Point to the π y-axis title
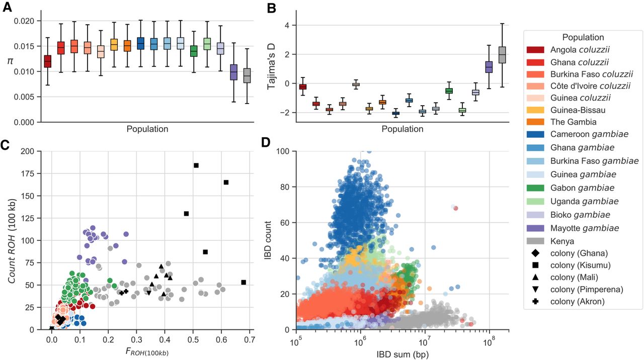point(11,61)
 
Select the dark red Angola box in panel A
point(47,61)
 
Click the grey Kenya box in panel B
point(502,54)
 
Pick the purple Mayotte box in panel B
point(489,66)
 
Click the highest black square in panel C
point(196,165)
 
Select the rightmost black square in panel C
point(244,282)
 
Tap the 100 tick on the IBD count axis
point(285,151)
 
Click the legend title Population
point(583,37)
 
